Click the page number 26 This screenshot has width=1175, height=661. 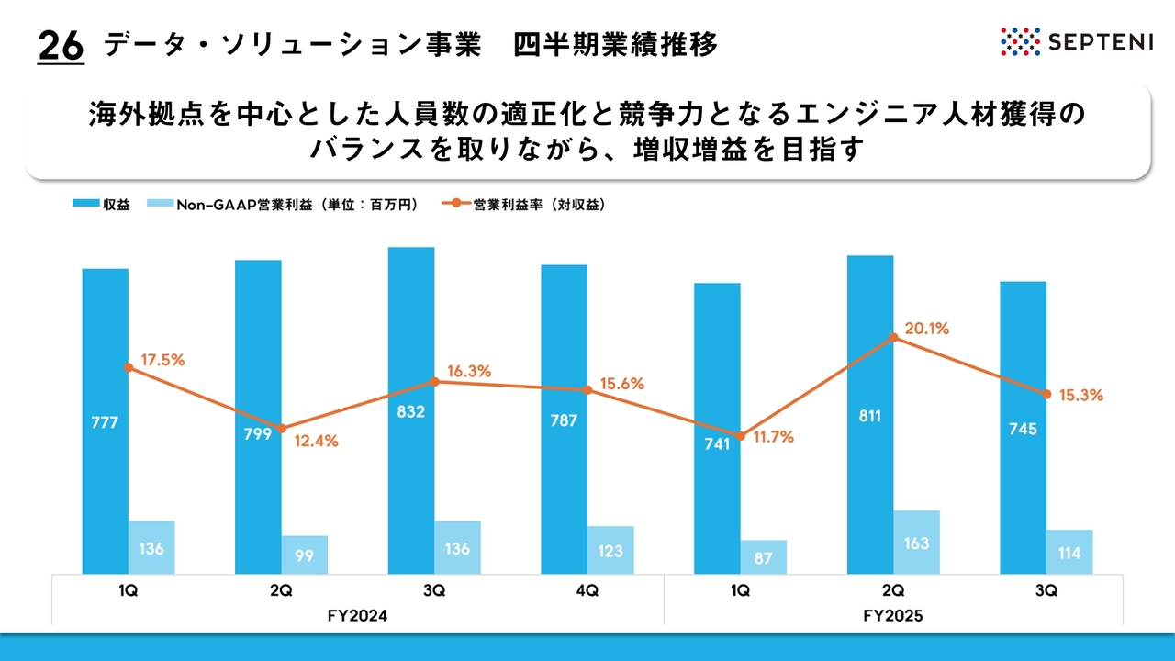coord(61,46)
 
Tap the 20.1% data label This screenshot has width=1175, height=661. coord(927,329)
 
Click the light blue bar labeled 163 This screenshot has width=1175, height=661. coord(916,543)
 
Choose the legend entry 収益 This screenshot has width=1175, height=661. coord(101,205)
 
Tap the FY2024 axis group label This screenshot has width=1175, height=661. coord(358,617)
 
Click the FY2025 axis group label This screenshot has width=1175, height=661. coord(893,617)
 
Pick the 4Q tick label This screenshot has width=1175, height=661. coord(587,591)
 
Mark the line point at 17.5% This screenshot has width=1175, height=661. coord(129,367)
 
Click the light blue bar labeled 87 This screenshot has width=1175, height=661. coord(764,556)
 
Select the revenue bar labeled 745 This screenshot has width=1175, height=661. coord(1024,429)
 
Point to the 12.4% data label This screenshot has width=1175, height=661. coord(316,441)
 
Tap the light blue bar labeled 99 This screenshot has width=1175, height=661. coord(305,554)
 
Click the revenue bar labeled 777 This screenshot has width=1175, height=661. coord(105,422)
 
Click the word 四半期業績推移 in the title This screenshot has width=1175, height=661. coord(615,44)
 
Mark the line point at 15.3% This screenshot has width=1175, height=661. coord(1046,395)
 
